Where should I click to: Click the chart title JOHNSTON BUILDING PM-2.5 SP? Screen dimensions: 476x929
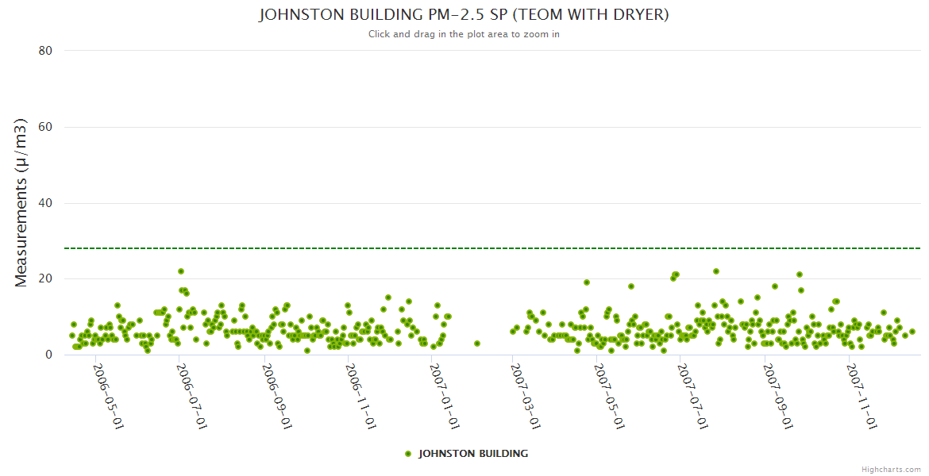tap(464, 15)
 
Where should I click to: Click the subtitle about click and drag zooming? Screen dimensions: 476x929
tap(464, 34)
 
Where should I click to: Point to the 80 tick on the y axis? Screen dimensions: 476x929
tap(45, 51)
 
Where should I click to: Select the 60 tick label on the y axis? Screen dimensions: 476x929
tap(45, 127)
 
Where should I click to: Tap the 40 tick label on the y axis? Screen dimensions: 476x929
tap(45, 203)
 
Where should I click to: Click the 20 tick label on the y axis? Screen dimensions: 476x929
tap(45, 279)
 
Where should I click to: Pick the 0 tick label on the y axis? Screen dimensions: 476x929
tap(48, 355)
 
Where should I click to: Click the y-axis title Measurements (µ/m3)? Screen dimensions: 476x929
tap(22, 202)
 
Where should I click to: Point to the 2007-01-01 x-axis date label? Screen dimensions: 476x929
tap(445, 397)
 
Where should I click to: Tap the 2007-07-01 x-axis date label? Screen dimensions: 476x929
tap(694, 397)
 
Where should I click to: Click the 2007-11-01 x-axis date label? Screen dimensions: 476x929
tap(862, 397)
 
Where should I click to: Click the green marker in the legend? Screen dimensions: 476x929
tap(408, 454)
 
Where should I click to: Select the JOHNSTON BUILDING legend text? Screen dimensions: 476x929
tap(473, 454)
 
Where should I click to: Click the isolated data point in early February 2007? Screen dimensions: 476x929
tap(477, 344)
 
